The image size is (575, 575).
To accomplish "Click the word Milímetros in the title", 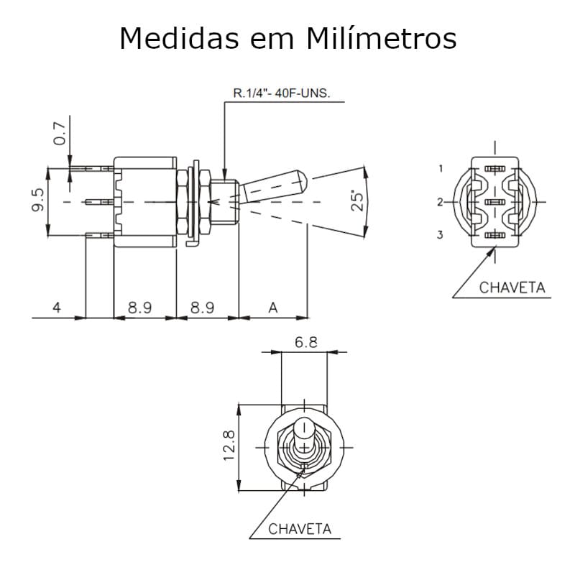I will tap(382, 39).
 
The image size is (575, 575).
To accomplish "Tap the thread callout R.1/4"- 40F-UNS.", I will tap(282, 93).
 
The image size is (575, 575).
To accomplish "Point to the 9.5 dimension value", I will tap(39, 201).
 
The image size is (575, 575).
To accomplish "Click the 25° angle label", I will tap(356, 201).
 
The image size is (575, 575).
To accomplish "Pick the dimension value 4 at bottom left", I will tap(57, 308).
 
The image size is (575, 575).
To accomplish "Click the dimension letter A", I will tap(272, 308).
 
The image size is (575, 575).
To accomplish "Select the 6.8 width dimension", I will tap(305, 343).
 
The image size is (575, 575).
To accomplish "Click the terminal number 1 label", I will tap(440, 168).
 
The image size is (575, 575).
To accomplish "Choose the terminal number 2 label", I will tap(440, 202).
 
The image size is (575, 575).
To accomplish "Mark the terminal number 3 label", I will tap(440, 235).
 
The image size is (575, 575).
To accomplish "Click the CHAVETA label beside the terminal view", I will tap(512, 287).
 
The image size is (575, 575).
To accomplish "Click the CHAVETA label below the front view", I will tap(300, 529).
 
